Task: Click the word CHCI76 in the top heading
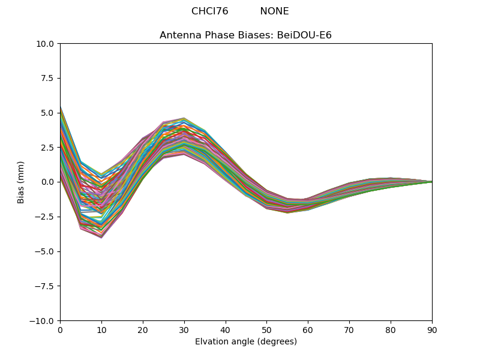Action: click(209, 11)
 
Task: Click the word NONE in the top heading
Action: click(274, 11)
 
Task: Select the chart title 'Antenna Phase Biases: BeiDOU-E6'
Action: click(245, 35)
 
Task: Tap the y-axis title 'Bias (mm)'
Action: click(21, 182)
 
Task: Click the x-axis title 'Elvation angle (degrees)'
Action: click(245, 342)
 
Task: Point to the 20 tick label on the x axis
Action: click(143, 331)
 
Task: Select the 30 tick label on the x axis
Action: click(184, 331)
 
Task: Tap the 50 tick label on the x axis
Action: click(266, 331)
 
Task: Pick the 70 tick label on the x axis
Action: click(349, 331)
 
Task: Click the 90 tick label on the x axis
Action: click(432, 331)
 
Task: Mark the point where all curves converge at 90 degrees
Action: click(431, 182)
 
